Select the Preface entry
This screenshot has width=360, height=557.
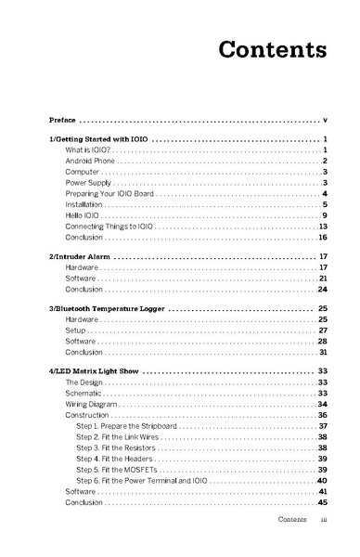pyautogui.click(x=63, y=120)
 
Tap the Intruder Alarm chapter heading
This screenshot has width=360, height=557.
pyautogui.click(x=79, y=255)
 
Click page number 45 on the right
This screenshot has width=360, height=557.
pyautogui.click(x=324, y=502)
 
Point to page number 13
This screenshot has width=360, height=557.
pyautogui.click(x=324, y=227)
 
